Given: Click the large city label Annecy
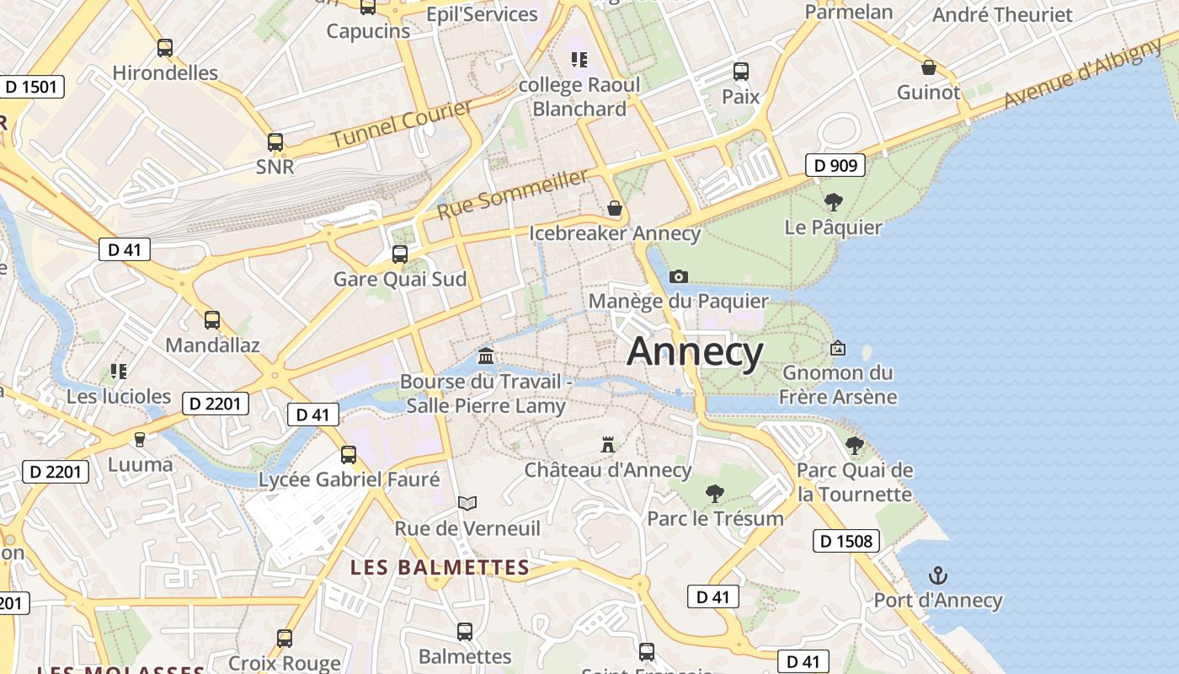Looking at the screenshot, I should (695, 351).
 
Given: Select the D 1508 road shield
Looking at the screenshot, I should (846, 541).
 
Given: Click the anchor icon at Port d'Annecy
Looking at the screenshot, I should (937, 575).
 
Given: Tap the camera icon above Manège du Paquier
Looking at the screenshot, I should (678, 276).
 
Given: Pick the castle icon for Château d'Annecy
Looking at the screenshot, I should (607, 444).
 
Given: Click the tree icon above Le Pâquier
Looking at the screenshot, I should (833, 201).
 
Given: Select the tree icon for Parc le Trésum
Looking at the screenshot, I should (715, 493).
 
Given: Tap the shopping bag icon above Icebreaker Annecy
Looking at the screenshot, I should (615, 207).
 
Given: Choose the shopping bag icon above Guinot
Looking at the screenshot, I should (929, 67).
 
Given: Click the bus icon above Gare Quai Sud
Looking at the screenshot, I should (400, 254).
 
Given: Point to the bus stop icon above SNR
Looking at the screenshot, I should (275, 142).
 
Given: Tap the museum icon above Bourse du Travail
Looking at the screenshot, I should (486, 356).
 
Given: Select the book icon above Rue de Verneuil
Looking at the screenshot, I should (467, 503).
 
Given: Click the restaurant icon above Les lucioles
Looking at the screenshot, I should (119, 371).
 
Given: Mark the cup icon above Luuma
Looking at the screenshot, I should (140, 439).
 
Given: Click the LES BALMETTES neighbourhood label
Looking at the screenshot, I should (440, 567).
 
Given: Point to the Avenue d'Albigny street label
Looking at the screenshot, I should (1082, 74).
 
